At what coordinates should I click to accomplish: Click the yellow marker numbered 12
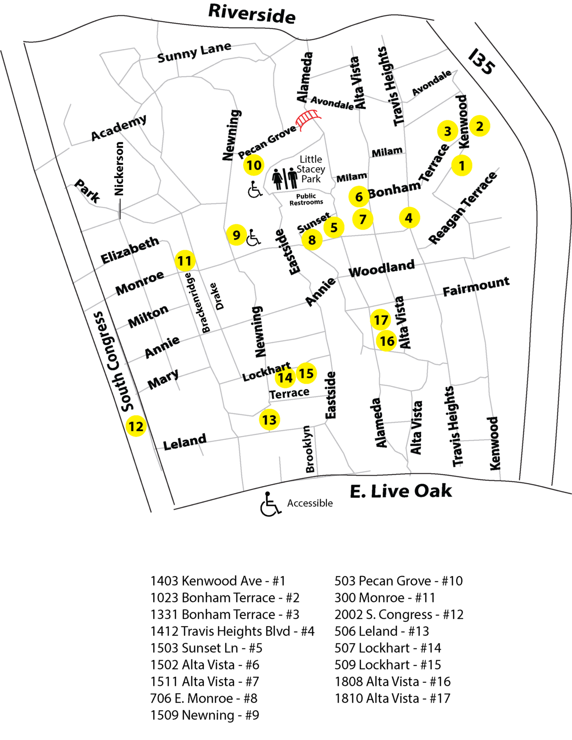(x=136, y=426)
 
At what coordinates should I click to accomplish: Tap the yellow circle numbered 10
(x=254, y=165)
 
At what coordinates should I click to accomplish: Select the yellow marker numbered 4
(x=409, y=218)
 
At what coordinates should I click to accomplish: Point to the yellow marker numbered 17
(x=381, y=320)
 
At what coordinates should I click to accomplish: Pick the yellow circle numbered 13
(x=269, y=420)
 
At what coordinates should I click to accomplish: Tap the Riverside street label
(x=252, y=13)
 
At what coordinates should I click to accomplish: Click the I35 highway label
(x=481, y=62)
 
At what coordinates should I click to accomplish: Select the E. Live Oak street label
(x=401, y=491)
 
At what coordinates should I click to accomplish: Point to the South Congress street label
(x=112, y=361)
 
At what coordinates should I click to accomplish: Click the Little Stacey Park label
(x=311, y=169)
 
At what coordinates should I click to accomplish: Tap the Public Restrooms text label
(x=306, y=199)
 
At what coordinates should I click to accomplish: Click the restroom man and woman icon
(x=285, y=178)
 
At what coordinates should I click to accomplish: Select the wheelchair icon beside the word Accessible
(x=270, y=504)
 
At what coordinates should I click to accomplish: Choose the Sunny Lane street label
(x=194, y=53)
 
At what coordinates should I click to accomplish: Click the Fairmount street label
(x=476, y=286)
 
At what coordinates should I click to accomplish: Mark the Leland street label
(x=185, y=442)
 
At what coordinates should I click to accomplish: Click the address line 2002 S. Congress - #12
(x=399, y=614)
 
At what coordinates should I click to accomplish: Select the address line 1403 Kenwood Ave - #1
(x=218, y=581)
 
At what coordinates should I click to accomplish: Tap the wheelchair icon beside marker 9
(x=254, y=237)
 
